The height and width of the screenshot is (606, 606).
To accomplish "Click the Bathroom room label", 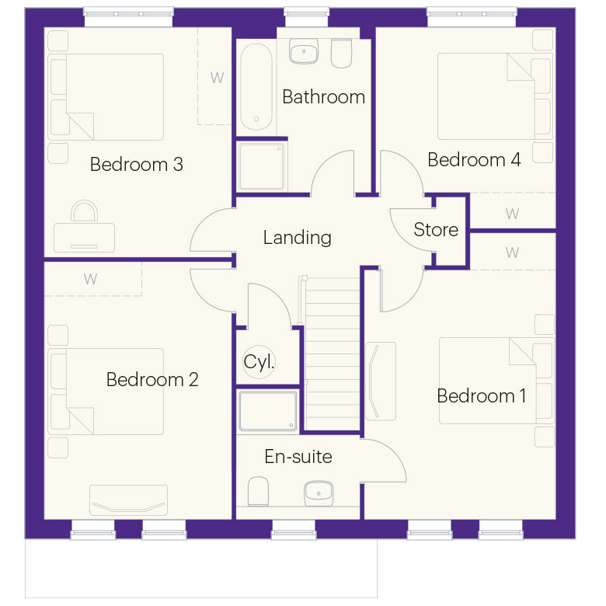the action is coord(323,96).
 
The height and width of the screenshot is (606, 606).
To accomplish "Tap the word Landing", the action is coord(298,237).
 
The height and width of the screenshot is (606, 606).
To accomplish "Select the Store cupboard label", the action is coord(436,229).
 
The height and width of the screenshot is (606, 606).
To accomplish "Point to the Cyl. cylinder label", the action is coord(259,362).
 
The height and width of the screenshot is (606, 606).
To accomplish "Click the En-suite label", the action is coord(298,456).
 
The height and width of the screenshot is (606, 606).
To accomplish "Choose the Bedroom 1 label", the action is coord(482,395).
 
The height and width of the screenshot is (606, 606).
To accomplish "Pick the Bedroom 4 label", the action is coord(474,159).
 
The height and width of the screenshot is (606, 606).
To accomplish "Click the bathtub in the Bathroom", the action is coord(256,87).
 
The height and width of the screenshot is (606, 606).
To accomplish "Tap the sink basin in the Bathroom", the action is coord(304,51).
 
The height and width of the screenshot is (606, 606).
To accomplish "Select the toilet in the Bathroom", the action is coord(342,53).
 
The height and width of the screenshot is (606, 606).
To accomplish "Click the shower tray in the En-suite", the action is coord(268,411).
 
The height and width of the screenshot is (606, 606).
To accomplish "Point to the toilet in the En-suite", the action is coord(258,491).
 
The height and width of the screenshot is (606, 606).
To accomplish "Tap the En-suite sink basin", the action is coord(319,493).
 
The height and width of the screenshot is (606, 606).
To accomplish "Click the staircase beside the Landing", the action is coord(333,353).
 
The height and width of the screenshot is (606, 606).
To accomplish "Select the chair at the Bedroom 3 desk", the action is coord(84,211).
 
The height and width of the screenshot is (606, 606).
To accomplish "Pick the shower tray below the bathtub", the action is coord(262,166).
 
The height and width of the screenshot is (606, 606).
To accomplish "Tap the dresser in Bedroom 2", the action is coord(129,500).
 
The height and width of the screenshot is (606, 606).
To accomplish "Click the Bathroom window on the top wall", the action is coord(306,17).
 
